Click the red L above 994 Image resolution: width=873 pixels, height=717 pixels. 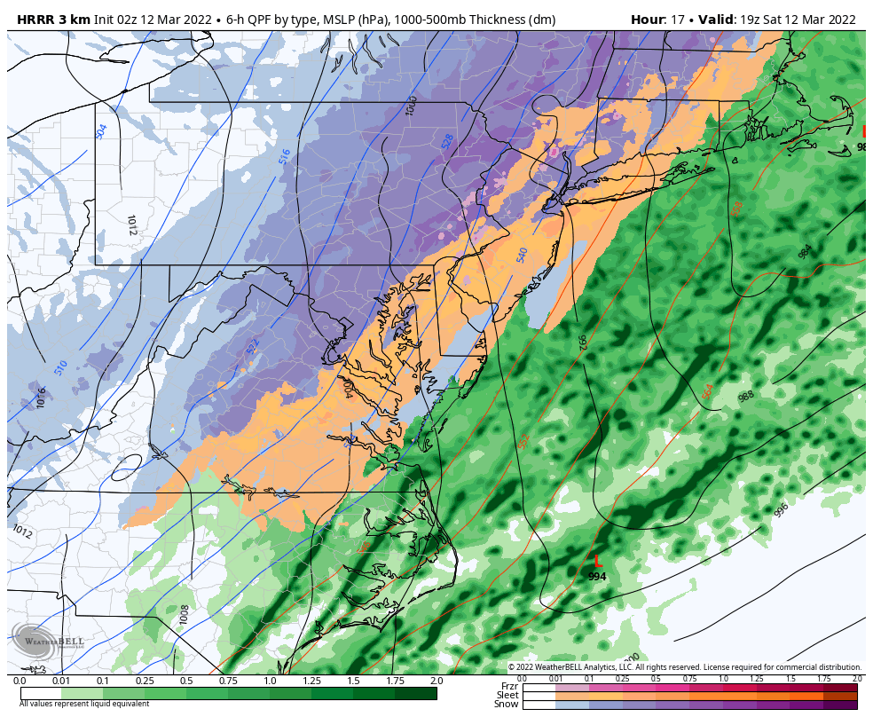tap(598, 562)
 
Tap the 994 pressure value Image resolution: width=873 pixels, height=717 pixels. tap(597, 577)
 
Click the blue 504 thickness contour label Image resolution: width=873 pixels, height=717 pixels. tap(101, 131)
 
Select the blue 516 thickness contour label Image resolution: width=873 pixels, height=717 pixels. tap(284, 156)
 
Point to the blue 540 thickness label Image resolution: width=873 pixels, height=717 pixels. tap(523, 256)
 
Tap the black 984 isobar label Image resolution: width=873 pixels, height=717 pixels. tap(804, 252)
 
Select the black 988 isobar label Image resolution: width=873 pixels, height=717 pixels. tap(746, 396)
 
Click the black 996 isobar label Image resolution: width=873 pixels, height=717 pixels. tap(781, 510)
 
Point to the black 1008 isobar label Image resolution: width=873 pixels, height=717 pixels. tap(184, 615)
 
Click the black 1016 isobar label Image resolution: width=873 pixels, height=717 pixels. tap(42, 398)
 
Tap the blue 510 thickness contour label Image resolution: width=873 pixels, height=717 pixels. tap(61, 367)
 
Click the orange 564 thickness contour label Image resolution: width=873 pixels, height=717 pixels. tap(707, 390)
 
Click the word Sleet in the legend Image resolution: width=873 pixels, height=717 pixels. tap(507, 696)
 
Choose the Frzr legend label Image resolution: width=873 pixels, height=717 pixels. tap(508, 687)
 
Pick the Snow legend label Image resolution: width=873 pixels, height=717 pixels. tap(507, 705)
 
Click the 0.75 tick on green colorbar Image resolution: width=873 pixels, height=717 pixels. tap(228, 681)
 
